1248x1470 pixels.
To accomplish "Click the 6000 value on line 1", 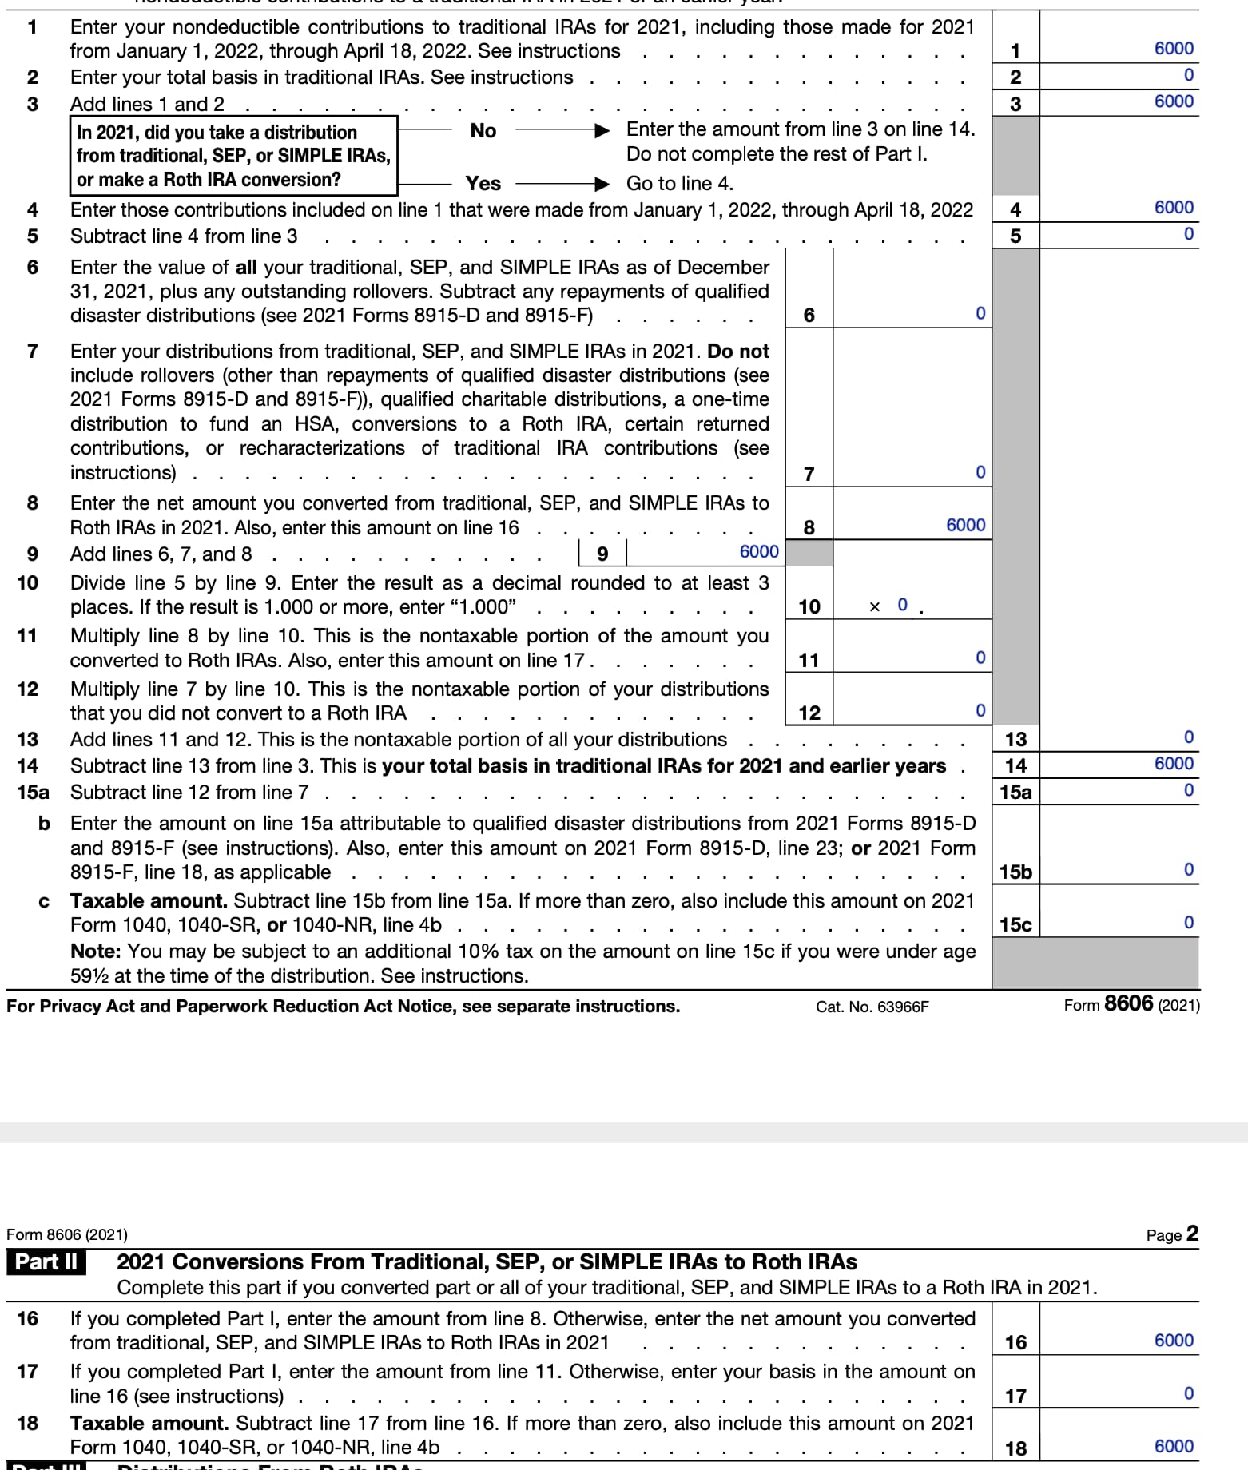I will coord(1173,49).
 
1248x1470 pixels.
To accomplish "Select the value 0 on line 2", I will coord(1188,75).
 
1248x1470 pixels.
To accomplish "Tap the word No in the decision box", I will coord(483,131).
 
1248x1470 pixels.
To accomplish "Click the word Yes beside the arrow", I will coord(483,184).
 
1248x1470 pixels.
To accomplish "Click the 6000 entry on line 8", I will coord(965,525).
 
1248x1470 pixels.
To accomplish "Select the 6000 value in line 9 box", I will coord(758,552).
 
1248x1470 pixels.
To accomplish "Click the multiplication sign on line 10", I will coord(874,607).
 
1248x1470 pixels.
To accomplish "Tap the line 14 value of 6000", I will coord(1173,764).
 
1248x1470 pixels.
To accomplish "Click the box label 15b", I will coord(1015,872).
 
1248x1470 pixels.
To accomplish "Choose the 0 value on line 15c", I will coord(1188,923).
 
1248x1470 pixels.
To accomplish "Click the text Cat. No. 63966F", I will coord(872,1007).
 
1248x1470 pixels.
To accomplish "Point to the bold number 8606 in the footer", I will coord(1127,1003).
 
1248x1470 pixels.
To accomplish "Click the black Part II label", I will coord(46,1262).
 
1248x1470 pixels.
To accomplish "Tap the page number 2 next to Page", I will coord(1192,1234).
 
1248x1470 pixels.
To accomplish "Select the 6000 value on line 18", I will coord(1173,1447).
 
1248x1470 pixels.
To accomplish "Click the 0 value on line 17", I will coord(1188,1394).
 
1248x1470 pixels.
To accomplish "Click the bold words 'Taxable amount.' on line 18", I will coord(149,1424).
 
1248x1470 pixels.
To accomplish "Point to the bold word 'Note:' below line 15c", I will coord(96,952).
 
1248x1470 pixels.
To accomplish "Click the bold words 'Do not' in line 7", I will coord(737,352).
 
